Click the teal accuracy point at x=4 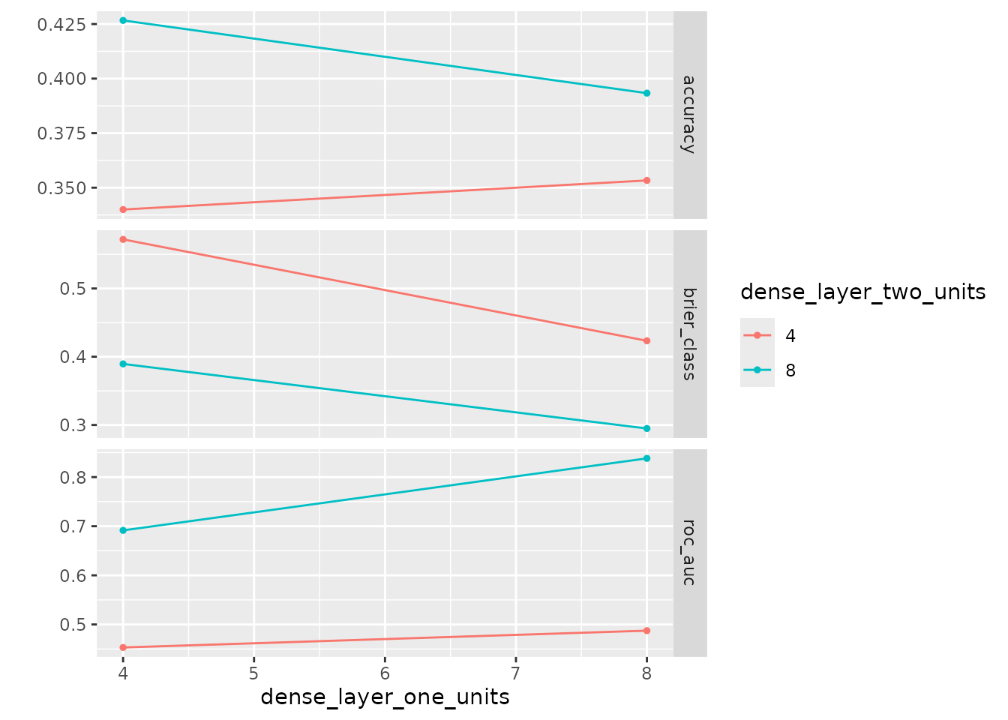click(x=123, y=20)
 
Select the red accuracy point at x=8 click(x=646, y=180)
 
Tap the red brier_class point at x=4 click(x=123, y=239)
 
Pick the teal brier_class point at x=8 click(x=646, y=428)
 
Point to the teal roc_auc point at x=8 click(x=646, y=458)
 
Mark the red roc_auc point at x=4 click(x=123, y=647)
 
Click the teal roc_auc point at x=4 click(x=123, y=530)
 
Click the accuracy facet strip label click(x=689, y=114)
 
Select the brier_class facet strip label click(x=689, y=334)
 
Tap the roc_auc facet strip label click(x=689, y=553)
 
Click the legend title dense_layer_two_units click(x=862, y=292)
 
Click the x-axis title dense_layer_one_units click(x=385, y=697)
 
